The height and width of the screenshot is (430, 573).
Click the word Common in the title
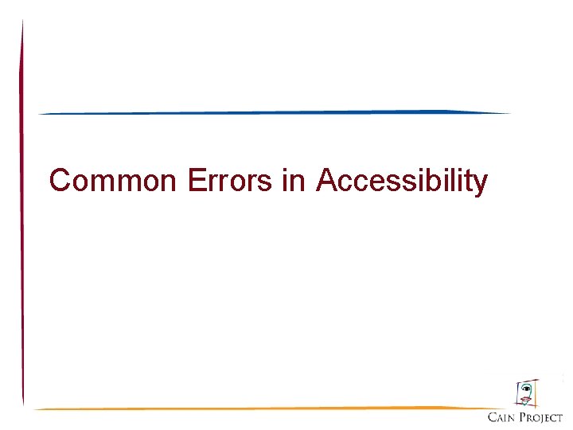click(x=115, y=182)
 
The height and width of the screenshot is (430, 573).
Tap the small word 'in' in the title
click(x=293, y=182)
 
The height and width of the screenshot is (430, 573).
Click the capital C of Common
click(x=60, y=182)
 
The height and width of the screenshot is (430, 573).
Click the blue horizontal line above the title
click(x=275, y=112)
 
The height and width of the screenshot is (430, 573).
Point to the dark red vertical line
click(x=22, y=215)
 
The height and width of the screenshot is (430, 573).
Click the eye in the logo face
click(x=524, y=388)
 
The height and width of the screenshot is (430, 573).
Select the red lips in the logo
click(x=525, y=398)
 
